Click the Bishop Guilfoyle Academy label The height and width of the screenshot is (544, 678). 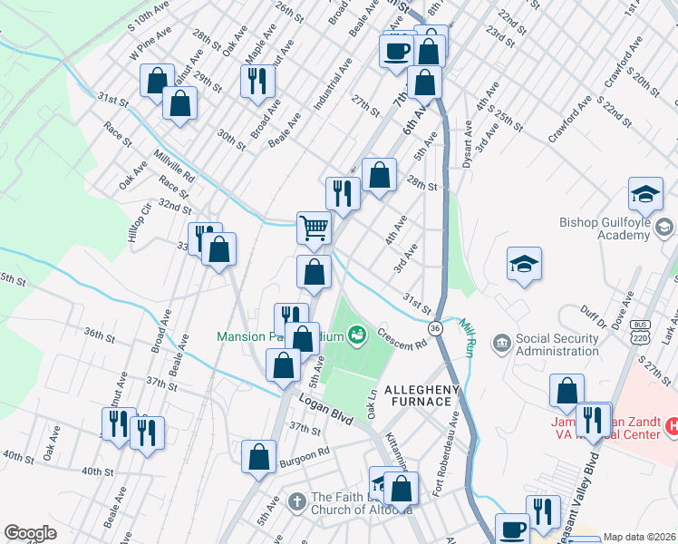tap(604, 227)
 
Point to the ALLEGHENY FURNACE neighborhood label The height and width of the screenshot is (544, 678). tap(418, 395)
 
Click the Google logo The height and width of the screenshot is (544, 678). tap(31, 533)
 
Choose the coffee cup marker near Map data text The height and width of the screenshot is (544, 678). tap(512, 529)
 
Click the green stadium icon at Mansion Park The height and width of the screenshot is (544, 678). tap(357, 335)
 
